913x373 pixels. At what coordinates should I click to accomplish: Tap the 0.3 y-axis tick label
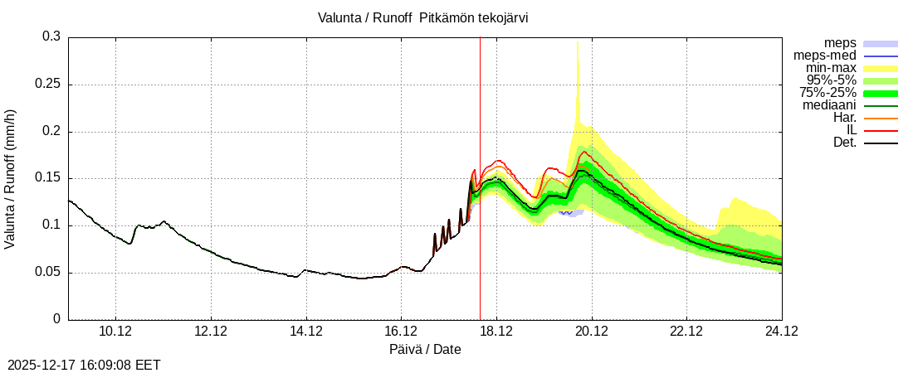[52, 37]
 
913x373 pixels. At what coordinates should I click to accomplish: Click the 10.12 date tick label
[115, 331]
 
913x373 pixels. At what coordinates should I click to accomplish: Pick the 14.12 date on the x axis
[305, 331]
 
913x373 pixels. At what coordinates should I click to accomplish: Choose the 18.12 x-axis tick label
[496, 331]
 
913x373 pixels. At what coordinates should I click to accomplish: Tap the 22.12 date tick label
[686, 331]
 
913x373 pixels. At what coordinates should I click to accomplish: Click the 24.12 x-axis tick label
[781, 331]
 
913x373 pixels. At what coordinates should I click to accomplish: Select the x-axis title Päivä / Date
[425, 350]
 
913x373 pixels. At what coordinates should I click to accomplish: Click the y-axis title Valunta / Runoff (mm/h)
[11, 178]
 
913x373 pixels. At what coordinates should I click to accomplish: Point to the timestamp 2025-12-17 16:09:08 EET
[84, 365]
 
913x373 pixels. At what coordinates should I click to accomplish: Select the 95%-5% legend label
[831, 80]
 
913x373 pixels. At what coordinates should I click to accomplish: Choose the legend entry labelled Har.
[844, 118]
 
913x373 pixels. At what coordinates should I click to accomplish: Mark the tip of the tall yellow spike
[578, 41]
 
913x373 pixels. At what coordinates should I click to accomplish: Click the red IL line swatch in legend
[881, 131]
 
